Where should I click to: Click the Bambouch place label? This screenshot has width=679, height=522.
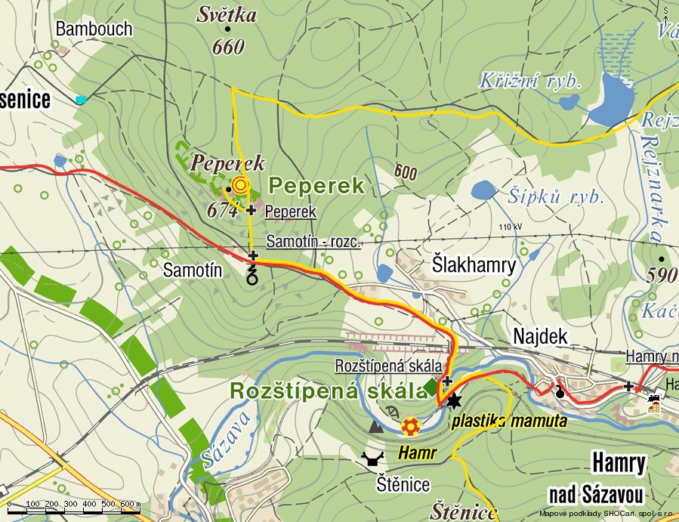tap(94, 29)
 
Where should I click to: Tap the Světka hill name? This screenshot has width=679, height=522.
tap(227, 15)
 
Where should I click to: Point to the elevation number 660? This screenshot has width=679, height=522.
tap(228, 48)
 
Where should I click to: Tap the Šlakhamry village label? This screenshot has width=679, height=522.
tap(474, 265)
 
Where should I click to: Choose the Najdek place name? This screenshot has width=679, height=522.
tap(539, 337)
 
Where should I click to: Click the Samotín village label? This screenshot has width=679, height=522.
tap(193, 270)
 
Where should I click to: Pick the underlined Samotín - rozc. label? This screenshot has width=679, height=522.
tap(313, 242)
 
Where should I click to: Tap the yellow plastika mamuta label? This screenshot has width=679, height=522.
tap(509, 422)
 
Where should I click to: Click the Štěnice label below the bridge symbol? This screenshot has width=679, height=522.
tap(403, 485)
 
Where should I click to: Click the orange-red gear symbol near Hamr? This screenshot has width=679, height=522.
tap(409, 428)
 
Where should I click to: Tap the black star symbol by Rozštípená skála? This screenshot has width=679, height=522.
tap(453, 400)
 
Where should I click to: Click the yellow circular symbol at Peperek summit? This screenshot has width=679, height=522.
tap(240, 184)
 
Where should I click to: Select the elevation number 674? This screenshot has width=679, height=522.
tap(224, 212)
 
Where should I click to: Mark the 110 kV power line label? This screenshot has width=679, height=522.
tap(511, 227)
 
